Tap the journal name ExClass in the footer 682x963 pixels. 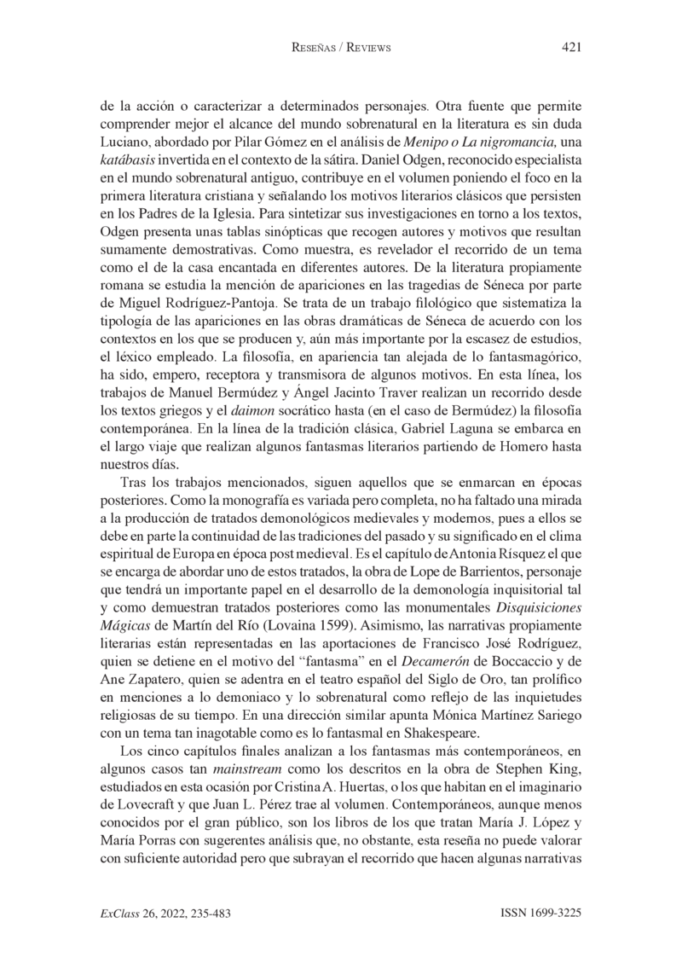118,913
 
